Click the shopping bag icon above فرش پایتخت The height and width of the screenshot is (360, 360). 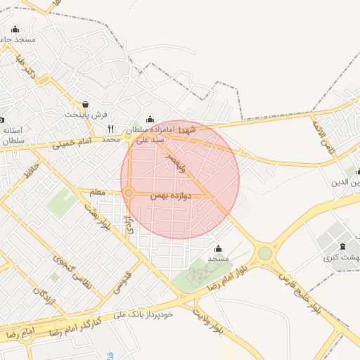tap(86, 103)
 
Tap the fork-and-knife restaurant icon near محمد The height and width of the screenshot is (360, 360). tap(110, 129)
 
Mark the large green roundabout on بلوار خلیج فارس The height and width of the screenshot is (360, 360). tap(264, 253)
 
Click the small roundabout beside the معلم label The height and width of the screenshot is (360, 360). tap(129, 193)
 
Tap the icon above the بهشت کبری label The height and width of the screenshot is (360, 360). tap(342, 245)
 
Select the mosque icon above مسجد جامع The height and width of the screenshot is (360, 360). tap(15, 30)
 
